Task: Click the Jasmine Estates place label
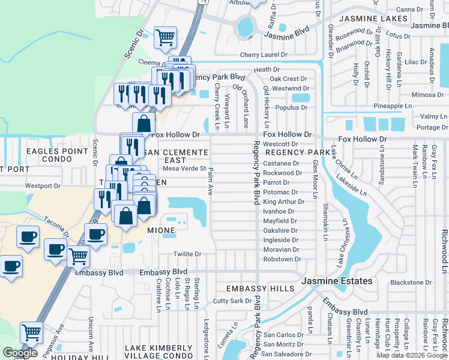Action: (x=337, y=281)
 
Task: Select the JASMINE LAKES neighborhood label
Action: (x=372, y=19)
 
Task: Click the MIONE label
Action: (x=161, y=230)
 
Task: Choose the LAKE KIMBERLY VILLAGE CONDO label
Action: (x=158, y=352)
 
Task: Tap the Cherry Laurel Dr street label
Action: (x=264, y=55)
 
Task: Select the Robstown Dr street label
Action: (x=282, y=259)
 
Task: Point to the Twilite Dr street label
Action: (x=187, y=254)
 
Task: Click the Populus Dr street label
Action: (x=291, y=108)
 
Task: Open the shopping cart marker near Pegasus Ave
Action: (x=31, y=332)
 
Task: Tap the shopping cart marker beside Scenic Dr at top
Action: (x=165, y=37)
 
